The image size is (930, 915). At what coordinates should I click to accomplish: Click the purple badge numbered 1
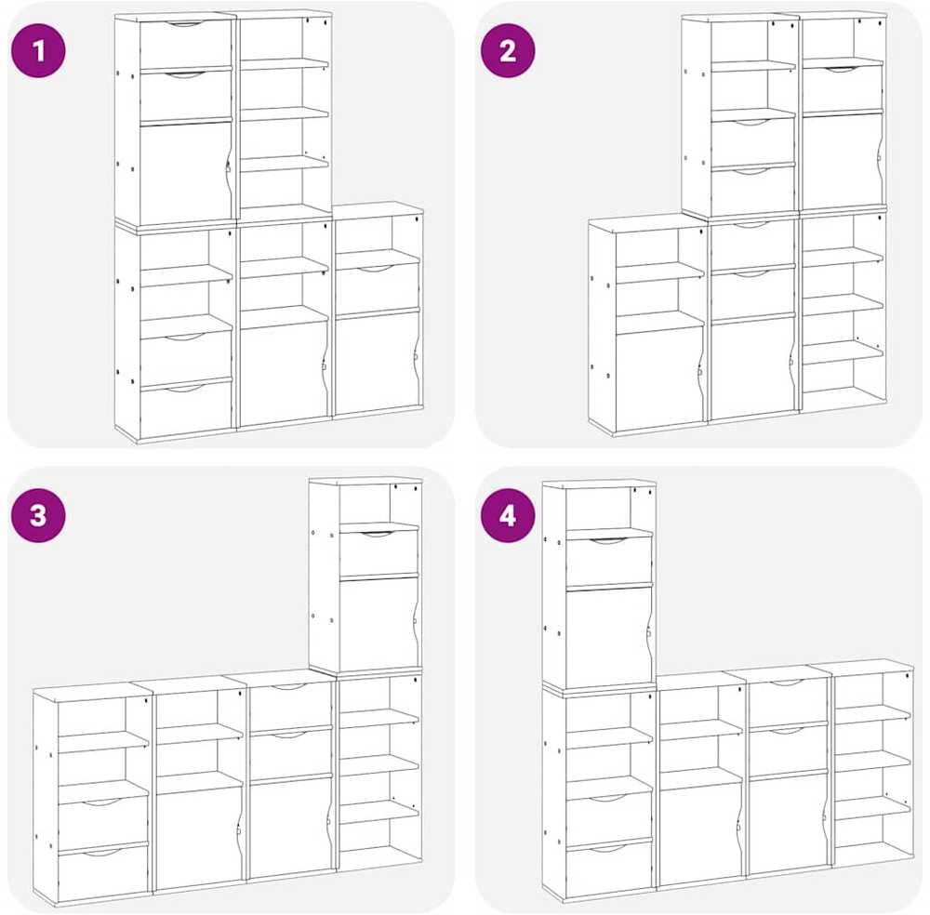click(38, 50)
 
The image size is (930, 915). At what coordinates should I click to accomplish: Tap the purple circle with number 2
click(507, 51)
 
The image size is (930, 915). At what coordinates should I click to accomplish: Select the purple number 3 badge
click(38, 515)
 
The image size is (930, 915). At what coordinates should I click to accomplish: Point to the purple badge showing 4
click(507, 516)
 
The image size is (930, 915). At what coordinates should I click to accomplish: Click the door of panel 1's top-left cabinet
click(185, 173)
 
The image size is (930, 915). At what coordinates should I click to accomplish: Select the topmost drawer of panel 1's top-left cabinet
click(185, 44)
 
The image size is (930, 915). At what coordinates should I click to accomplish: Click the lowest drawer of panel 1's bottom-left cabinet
click(186, 410)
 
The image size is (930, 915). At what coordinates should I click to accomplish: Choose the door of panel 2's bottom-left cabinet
click(659, 380)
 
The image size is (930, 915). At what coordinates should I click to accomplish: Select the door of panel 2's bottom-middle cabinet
click(752, 367)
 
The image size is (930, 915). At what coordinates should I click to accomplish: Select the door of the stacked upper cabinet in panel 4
click(608, 636)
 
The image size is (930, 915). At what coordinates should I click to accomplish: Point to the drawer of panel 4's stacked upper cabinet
click(608, 561)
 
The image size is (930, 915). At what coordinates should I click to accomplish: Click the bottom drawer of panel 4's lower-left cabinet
click(609, 869)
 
